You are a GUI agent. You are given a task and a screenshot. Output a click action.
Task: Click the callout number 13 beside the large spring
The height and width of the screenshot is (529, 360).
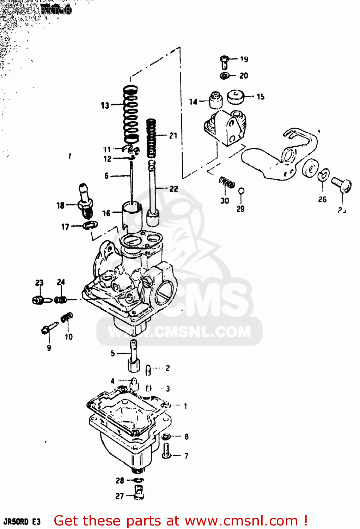(105, 105)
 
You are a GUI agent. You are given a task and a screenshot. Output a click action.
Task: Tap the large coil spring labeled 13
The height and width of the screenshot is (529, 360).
(130, 115)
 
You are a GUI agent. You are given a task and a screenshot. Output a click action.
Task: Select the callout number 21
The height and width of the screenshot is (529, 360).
(173, 136)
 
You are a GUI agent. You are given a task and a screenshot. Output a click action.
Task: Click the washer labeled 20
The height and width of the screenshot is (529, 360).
(224, 75)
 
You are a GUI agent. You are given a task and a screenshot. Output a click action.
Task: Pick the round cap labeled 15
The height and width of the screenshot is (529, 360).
(236, 97)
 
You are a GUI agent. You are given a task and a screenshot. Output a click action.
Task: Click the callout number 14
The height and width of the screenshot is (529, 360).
(193, 102)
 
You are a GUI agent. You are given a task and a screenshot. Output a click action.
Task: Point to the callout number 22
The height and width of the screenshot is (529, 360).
(173, 189)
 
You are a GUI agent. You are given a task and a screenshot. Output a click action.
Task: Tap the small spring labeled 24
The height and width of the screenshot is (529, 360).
(61, 300)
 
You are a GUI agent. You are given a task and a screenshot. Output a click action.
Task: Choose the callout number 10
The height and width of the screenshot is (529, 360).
(68, 337)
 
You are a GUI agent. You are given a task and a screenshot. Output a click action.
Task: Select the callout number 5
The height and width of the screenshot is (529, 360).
(112, 353)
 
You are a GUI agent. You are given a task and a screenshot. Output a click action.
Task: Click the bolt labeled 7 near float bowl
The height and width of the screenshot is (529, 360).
(167, 451)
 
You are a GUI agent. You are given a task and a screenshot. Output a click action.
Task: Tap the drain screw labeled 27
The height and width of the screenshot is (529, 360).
(139, 492)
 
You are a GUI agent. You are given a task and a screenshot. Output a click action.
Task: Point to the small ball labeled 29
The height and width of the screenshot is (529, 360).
(241, 191)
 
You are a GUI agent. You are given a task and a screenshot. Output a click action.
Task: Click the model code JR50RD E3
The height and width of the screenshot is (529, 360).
(22, 522)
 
